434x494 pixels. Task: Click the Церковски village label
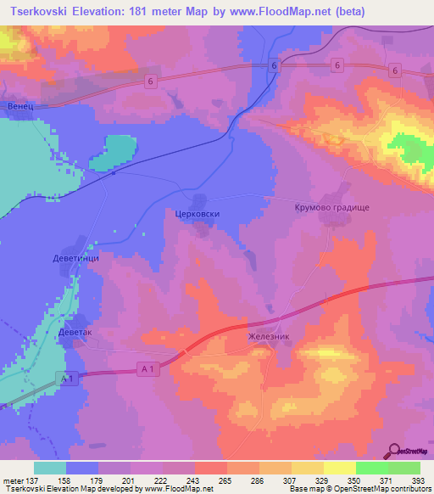tap(197, 214)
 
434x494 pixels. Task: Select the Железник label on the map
tap(269, 336)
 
